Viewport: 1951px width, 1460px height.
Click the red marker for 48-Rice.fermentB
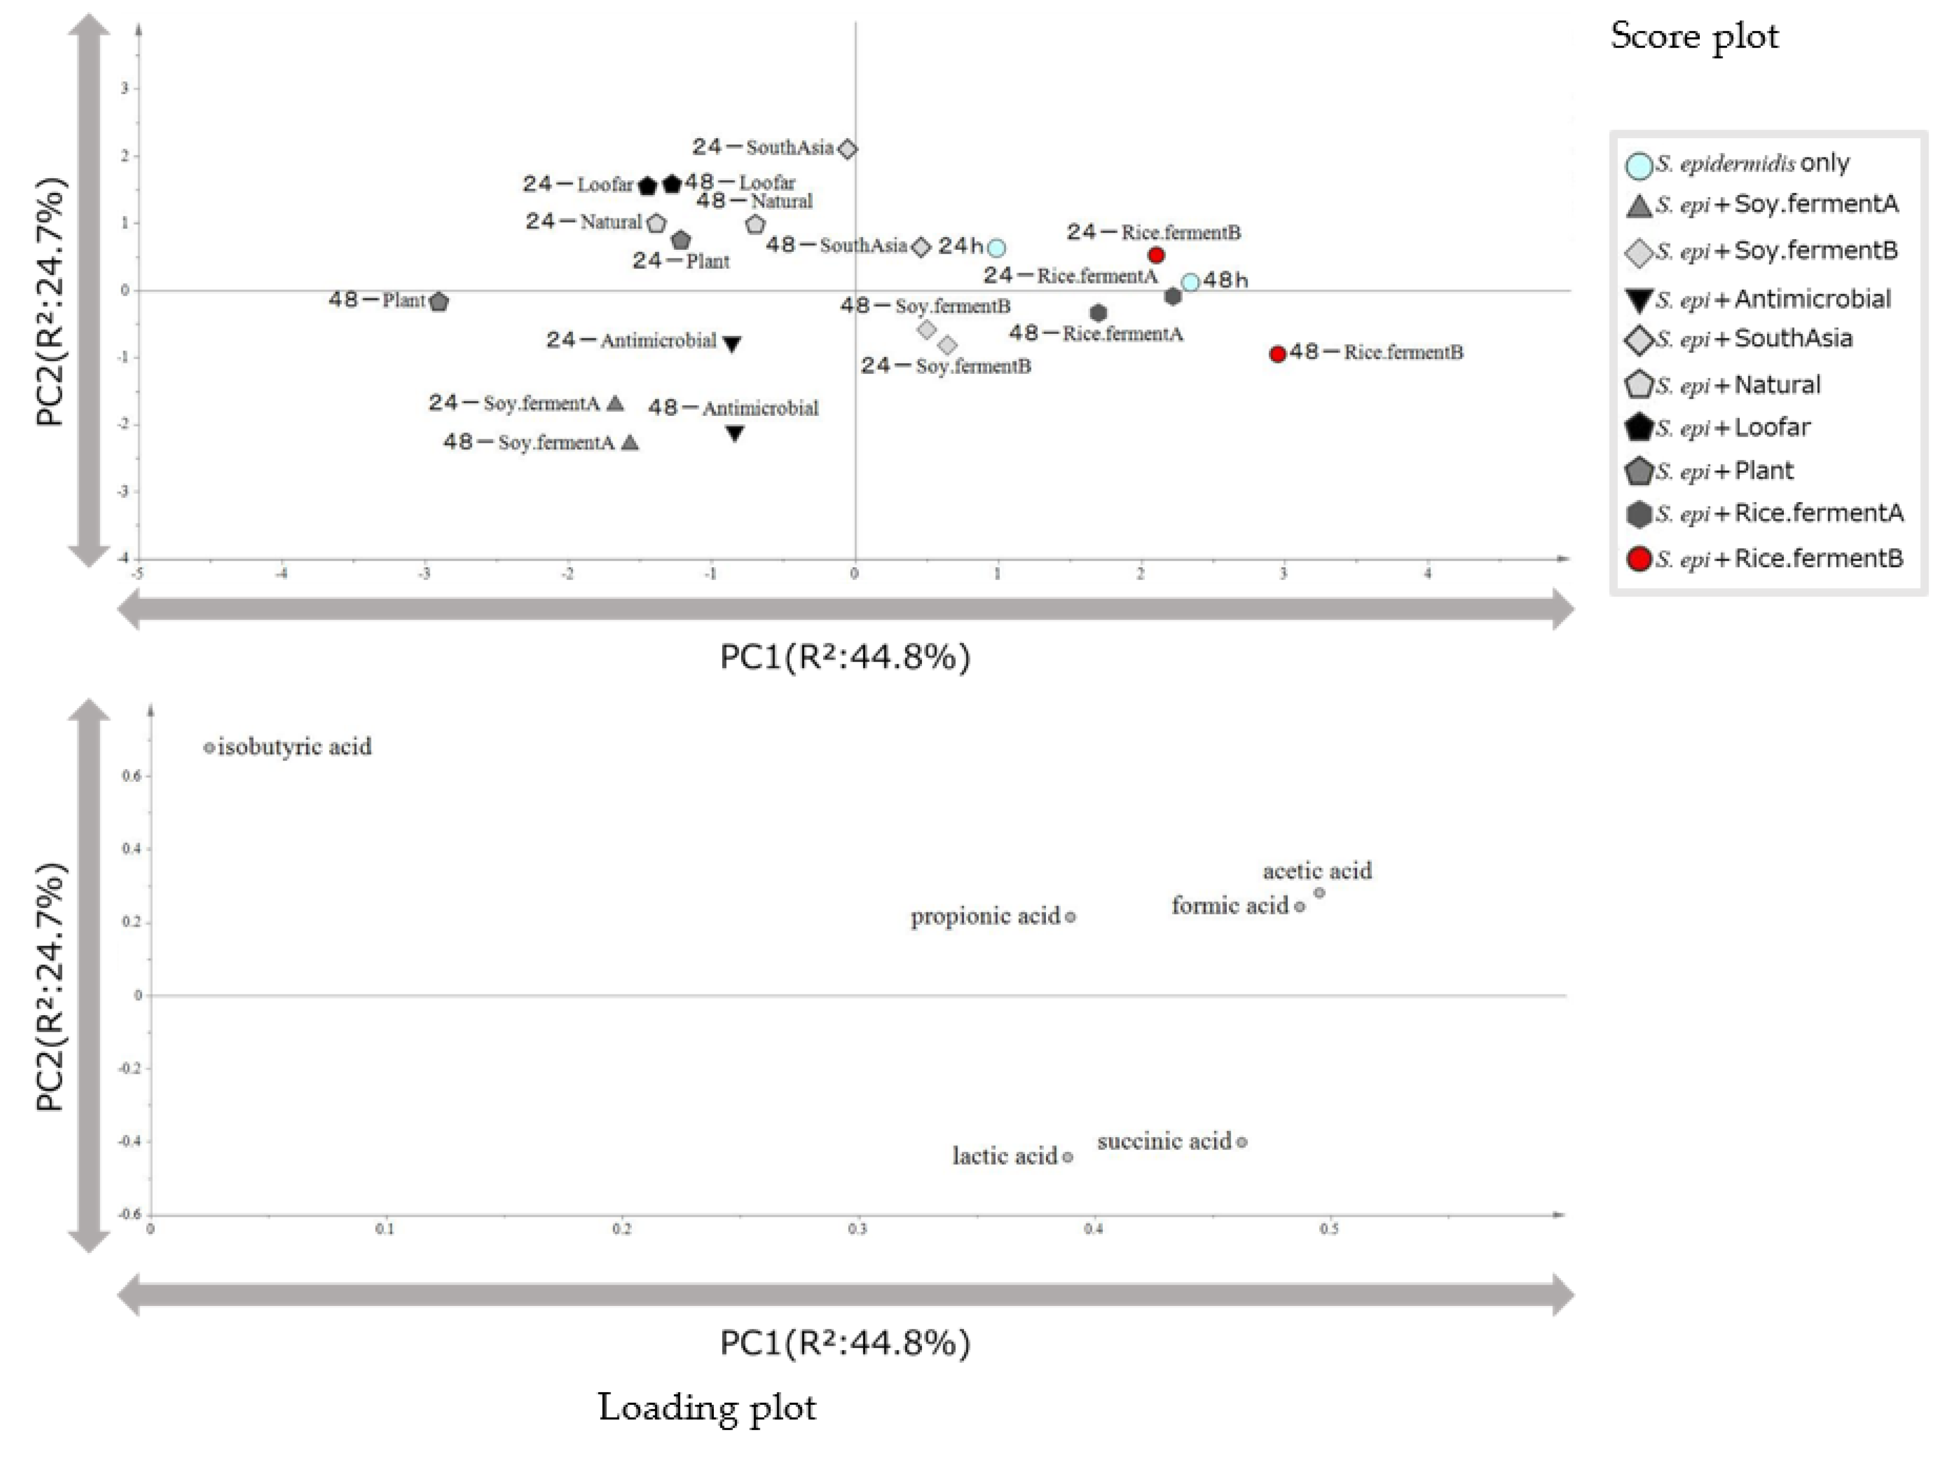[1277, 354]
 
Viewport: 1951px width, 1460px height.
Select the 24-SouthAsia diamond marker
[847, 149]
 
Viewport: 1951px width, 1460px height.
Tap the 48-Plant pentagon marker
[439, 302]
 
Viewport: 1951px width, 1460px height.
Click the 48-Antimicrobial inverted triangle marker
[735, 433]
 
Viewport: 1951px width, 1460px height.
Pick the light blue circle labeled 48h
[1190, 282]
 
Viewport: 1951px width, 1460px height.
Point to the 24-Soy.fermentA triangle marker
[616, 403]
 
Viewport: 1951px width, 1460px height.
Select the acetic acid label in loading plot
[1317, 872]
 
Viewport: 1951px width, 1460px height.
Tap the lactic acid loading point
[1068, 1157]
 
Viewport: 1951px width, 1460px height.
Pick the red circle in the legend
[1639, 560]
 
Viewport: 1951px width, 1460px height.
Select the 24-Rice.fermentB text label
[1153, 233]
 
